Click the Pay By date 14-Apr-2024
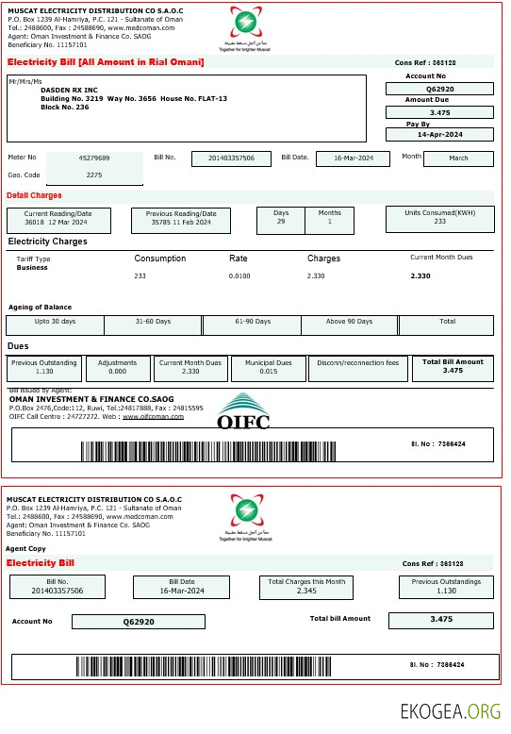[439, 135]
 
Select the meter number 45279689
[94, 158]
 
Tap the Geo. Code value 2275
[94, 175]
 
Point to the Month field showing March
[458, 158]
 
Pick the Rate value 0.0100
[239, 275]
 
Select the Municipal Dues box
[274, 367]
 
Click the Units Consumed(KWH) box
[439, 218]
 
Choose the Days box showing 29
[281, 218]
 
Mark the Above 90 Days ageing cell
[349, 325]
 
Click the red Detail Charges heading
[34, 196]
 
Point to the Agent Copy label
[25, 548]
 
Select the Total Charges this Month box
[306, 586]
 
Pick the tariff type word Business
[32, 268]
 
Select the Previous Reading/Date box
[180, 219]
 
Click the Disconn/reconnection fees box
[358, 367]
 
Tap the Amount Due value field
[439, 112]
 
